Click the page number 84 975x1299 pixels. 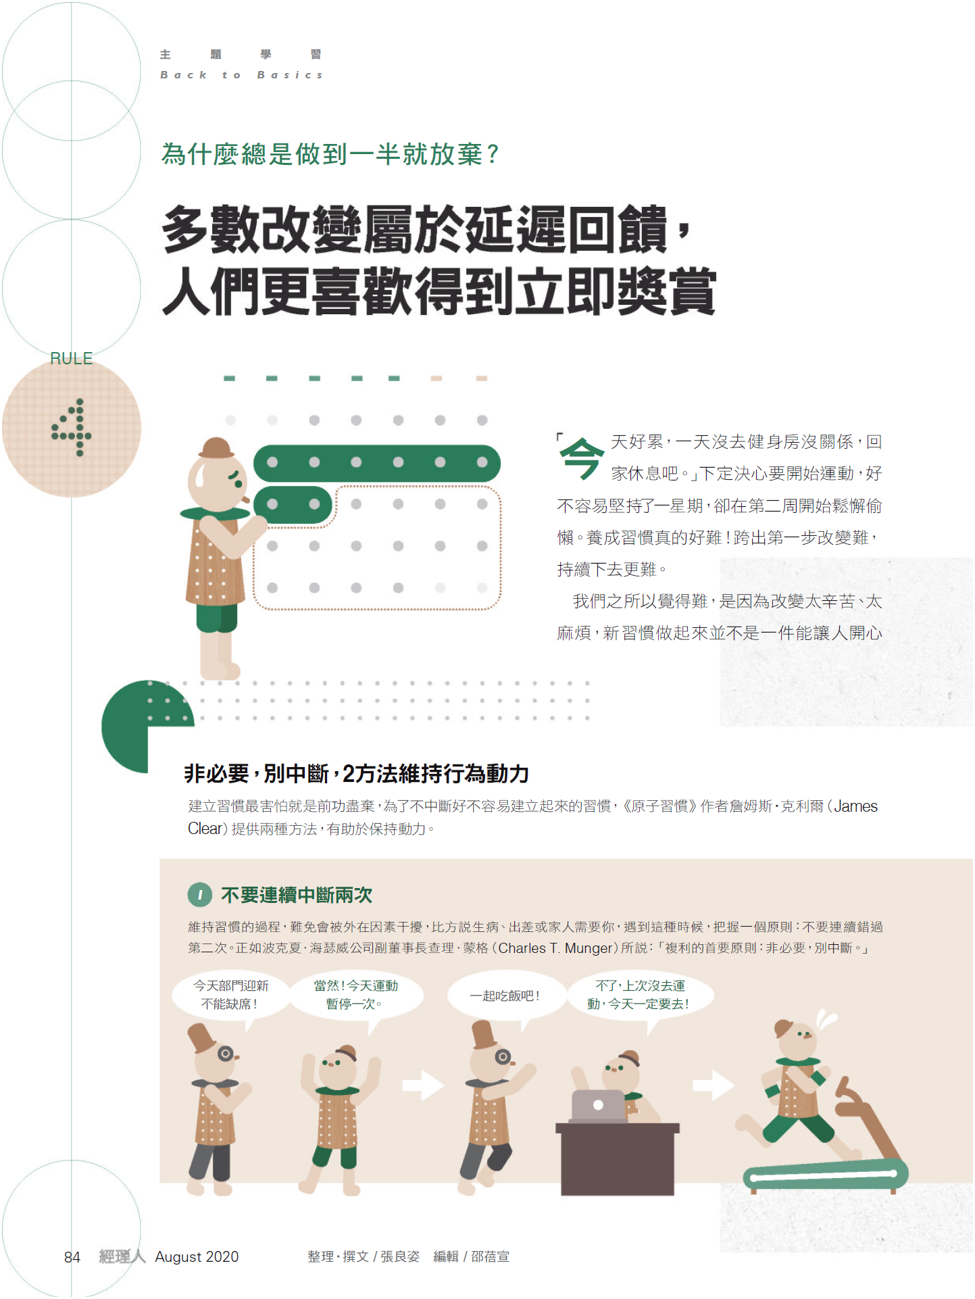(x=72, y=1257)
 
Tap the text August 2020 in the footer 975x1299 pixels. (x=197, y=1257)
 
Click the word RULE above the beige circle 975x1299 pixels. (x=72, y=358)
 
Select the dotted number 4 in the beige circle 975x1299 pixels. (x=72, y=427)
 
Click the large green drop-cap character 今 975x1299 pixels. (x=581, y=458)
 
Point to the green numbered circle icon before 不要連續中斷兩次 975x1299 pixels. (x=200, y=895)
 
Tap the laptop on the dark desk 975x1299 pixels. (x=599, y=1106)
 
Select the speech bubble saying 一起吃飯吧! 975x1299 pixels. (x=505, y=996)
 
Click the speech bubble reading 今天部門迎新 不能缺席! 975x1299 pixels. (x=230, y=995)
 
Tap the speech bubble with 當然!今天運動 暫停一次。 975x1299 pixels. (x=356, y=995)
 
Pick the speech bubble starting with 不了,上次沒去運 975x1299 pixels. (x=639, y=995)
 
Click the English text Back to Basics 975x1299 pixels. (x=241, y=75)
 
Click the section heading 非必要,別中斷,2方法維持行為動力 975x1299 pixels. (x=357, y=774)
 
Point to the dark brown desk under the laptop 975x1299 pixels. (x=618, y=1159)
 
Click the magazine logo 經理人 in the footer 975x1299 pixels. (x=122, y=1256)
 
